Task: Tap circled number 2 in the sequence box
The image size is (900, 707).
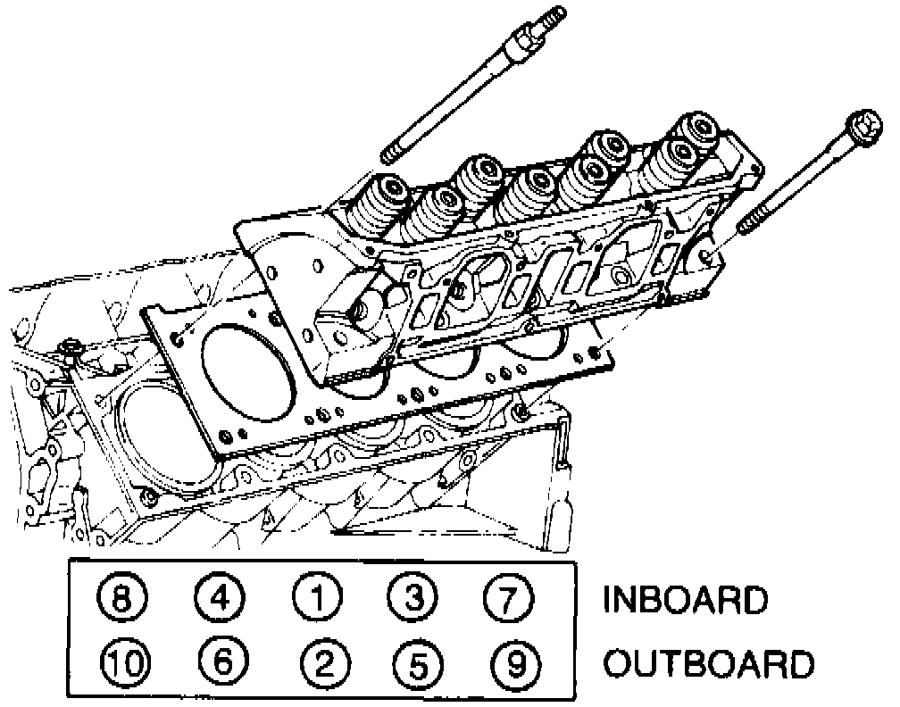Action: tap(321, 662)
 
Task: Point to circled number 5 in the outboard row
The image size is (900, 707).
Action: tap(415, 662)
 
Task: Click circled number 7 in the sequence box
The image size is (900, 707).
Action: tap(506, 598)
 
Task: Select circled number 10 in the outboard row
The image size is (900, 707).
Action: tap(126, 662)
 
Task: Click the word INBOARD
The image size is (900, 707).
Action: tap(686, 600)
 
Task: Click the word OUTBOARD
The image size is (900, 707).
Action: tap(709, 664)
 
